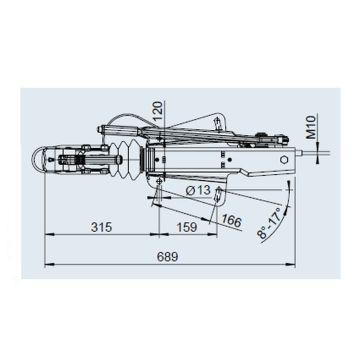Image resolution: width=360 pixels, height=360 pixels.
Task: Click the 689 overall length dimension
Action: tap(168, 257)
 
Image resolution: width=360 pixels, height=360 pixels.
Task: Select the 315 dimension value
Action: tap(101, 227)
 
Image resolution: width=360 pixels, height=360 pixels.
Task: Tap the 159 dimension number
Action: tap(187, 227)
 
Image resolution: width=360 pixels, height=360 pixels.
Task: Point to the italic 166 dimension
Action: tap(232, 221)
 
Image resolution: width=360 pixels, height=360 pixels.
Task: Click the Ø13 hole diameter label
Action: tap(198, 190)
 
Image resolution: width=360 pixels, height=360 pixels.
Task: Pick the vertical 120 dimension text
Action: tap(159, 111)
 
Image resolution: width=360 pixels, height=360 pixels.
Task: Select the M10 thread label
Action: tap(311, 127)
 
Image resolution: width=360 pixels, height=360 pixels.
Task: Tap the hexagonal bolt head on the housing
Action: tap(284, 160)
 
